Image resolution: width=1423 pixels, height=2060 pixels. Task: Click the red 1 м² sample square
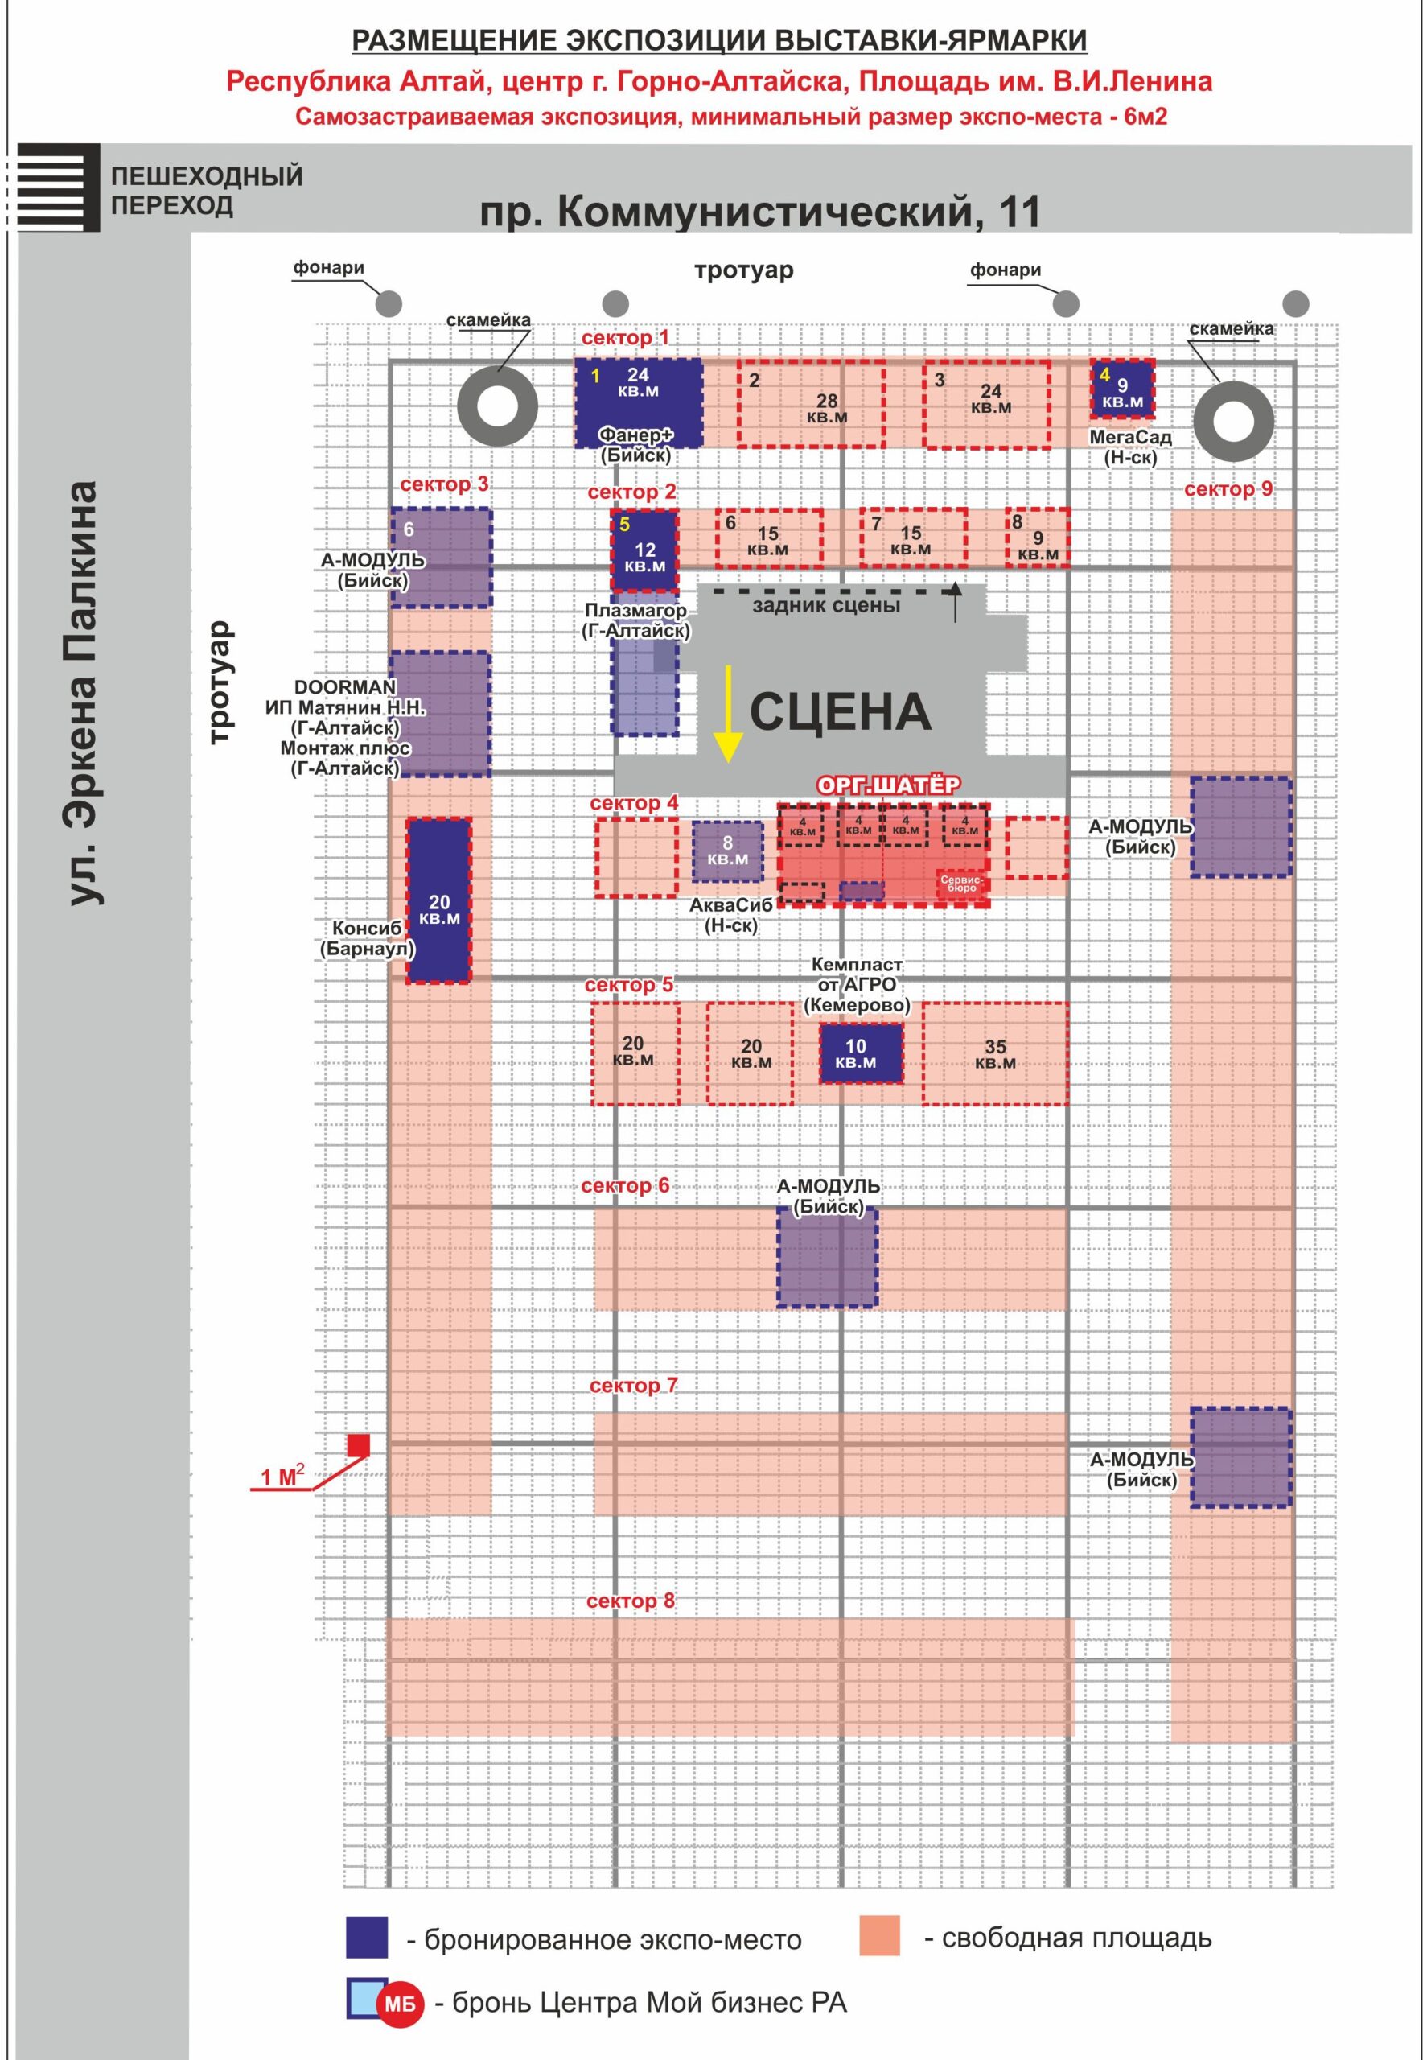point(359,1444)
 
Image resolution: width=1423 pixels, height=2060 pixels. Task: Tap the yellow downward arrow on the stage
point(729,714)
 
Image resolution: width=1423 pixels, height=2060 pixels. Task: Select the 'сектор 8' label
point(631,1601)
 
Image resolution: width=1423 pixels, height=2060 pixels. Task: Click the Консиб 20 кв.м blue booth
point(438,900)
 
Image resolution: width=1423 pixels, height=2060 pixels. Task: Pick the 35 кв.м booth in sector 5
point(995,1053)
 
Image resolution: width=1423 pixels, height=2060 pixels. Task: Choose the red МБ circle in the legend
point(401,2004)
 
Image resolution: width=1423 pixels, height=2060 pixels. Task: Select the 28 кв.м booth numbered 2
point(812,404)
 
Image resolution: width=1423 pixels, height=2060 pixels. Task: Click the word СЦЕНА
point(840,711)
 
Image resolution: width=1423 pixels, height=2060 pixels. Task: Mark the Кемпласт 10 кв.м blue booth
point(861,1053)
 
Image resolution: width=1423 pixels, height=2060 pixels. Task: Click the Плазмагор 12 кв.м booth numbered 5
point(644,550)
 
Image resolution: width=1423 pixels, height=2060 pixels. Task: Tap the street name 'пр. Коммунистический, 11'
point(760,212)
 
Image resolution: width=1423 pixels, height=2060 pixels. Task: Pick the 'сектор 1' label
point(625,338)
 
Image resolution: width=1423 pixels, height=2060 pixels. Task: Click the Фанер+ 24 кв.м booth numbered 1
point(639,402)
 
